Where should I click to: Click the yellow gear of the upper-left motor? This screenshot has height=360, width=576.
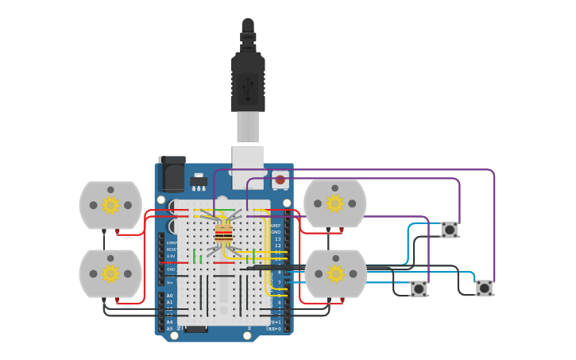pos(110,205)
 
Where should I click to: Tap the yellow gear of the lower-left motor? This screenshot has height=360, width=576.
pos(110,273)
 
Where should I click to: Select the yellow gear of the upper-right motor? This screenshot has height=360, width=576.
pos(335,203)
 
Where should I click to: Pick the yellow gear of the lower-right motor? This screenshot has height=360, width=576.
pos(335,273)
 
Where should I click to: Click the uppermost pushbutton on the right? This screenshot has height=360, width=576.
pos(450,230)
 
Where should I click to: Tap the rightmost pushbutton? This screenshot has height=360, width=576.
pos(484,288)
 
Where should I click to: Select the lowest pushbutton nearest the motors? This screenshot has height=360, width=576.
pos(419,288)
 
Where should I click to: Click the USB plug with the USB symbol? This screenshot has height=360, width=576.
pos(248,83)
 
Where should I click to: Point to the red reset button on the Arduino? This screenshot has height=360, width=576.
pos(280,180)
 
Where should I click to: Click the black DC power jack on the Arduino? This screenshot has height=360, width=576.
pos(172,172)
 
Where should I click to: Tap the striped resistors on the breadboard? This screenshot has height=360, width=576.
pos(224,234)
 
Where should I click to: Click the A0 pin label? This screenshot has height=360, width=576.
pos(169,296)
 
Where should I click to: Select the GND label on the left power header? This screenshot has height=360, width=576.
pos(171,269)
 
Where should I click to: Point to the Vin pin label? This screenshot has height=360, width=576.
pos(170,282)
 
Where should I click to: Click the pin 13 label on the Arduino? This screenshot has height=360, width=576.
pos(277,238)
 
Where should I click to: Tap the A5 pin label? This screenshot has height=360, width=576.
pos(169,328)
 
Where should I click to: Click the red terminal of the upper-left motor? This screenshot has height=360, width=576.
pos(118,231)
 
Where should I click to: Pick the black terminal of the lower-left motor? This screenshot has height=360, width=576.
pos(103,300)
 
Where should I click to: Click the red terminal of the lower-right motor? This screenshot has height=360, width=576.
pos(342,300)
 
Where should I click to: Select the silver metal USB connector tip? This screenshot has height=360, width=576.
pos(248,127)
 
